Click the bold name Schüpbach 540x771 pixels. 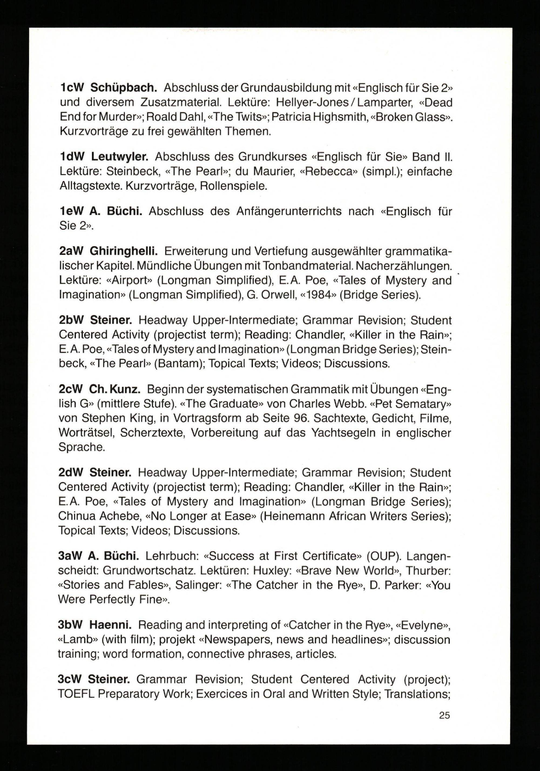[x=124, y=88]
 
